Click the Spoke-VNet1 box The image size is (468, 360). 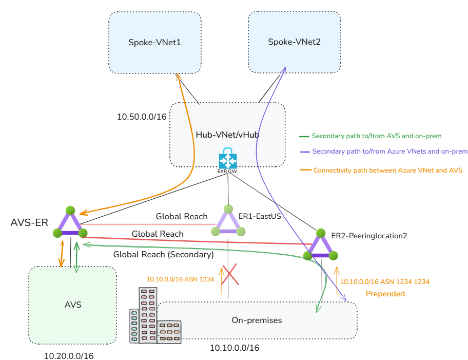coord(154,42)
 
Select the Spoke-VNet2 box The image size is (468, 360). coord(294,42)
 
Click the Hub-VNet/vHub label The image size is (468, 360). coord(227,135)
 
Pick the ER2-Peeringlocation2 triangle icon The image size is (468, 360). coord(320,245)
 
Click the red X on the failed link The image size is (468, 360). coord(230,275)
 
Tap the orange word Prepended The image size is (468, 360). coord(385,294)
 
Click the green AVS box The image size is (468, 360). coord(72,305)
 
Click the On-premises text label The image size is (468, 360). coord(257,320)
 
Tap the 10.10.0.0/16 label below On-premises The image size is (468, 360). coord(235,348)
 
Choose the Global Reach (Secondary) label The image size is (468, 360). coord(163,254)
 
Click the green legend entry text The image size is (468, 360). coord(376,136)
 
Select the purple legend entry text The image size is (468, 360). coord(389,151)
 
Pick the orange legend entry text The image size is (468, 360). coord(387,170)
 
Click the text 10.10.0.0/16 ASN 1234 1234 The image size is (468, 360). coord(385,281)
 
